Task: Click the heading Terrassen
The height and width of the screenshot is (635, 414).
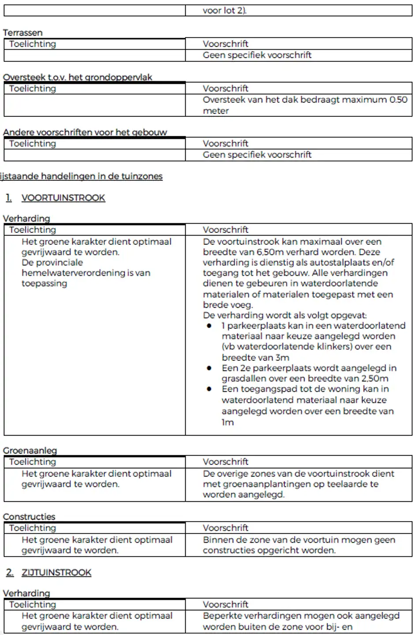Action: click(x=22, y=33)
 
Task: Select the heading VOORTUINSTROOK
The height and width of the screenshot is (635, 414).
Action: click(x=63, y=198)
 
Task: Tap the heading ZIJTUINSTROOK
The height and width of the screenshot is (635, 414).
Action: click(x=56, y=572)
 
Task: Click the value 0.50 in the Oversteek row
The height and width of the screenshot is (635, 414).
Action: click(x=398, y=100)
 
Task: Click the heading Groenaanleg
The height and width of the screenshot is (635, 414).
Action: click(x=30, y=451)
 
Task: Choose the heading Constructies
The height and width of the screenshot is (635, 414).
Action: click(x=29, y=517)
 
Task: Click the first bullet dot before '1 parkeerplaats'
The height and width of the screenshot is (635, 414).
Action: click(x=209, y=326)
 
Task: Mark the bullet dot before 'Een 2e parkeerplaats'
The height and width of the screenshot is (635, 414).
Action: click(x=209, y=368)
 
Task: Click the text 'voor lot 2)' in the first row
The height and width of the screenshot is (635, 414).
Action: click(x=224, y=11)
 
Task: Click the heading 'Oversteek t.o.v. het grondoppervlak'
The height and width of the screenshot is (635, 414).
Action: click(x=77, y=77)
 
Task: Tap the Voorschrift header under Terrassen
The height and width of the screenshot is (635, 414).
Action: click(x=225, y=44)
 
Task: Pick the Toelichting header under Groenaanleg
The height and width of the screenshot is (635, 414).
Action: click(x=33, y=462)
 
